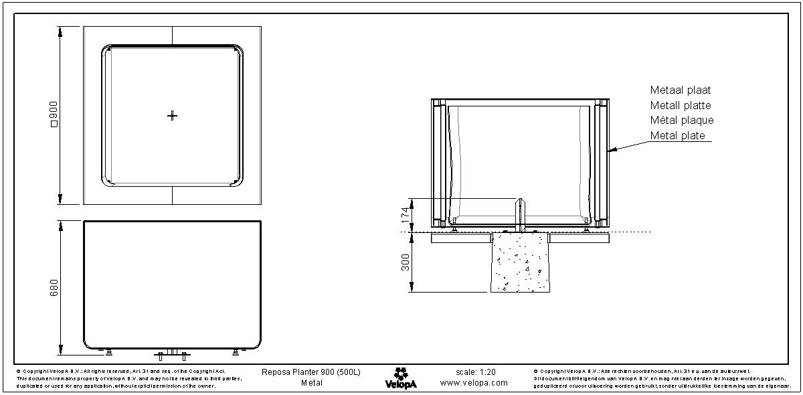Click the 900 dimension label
point(55,114)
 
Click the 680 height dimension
point(55,287)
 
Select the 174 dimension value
point(404,214)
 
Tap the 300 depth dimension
point(404,262)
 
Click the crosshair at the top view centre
point(172,116)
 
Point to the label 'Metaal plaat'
point(680,90)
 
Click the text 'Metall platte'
point(680,105)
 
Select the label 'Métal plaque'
point(681,121)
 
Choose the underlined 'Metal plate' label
point(677,136)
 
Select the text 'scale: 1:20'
point(475,372)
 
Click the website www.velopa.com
point(474,383)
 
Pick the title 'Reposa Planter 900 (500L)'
point(310,372)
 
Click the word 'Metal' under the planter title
point(311,383)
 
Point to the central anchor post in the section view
point(521,214)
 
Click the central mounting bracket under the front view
point(172,353)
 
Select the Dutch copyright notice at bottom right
point(659,378)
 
